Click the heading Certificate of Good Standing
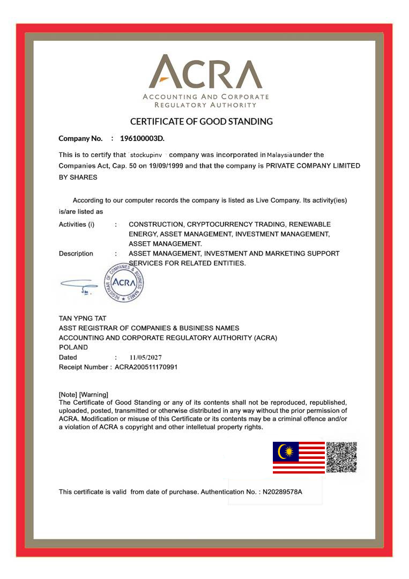tap(202, 121)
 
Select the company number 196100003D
tap(142, 138)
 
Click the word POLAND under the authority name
tap(73, 347)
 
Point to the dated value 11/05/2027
tap(145, 358)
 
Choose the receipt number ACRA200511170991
tap(146, 367)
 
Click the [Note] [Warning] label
tap(83, 395)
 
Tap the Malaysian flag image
tap(299, 457)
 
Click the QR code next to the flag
tap(341, 457)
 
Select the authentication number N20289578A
tap(282, 492)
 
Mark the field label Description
tap(76, 254)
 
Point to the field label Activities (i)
tap(76, 225)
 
